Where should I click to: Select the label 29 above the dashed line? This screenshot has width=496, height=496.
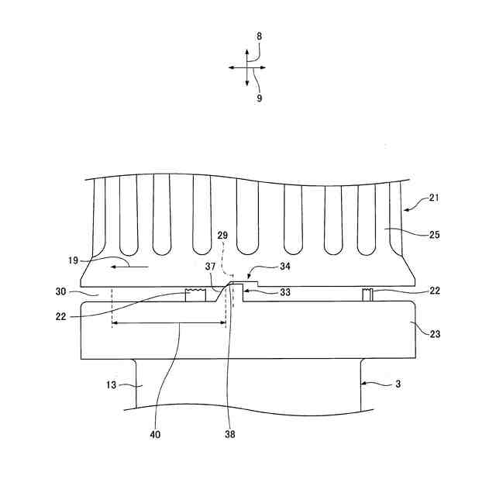[223, 235]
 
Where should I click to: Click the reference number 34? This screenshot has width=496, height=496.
[263, 266]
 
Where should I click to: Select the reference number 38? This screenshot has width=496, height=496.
[230, 434]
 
